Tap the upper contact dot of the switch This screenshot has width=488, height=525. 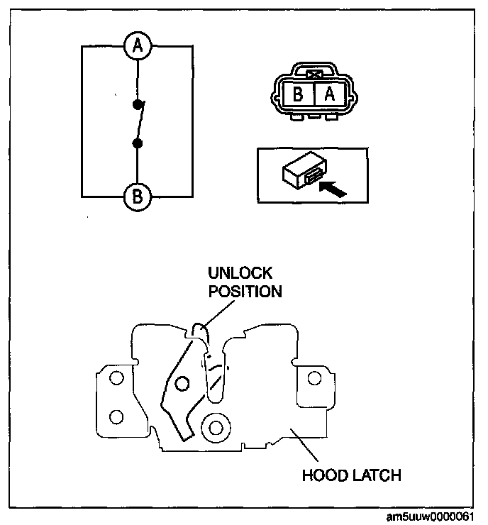[138, 105]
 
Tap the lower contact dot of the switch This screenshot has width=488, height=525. [138, 144]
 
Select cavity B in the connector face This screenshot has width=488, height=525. [299, 94]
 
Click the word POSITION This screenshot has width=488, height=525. [244, 291]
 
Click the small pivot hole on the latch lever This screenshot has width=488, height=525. [182, 385]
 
